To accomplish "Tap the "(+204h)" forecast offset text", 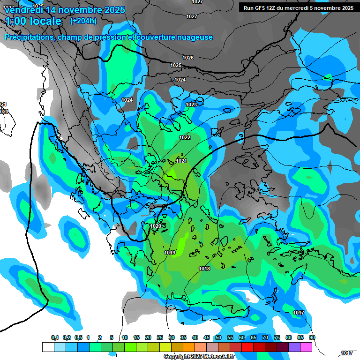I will coord(83,21).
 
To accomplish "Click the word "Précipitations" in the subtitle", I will coord(29,37).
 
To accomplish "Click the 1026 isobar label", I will coord(188,58).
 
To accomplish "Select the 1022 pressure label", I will coord(185,137).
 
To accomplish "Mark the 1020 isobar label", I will coord(156,226).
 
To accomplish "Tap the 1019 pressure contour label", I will coord(170,253).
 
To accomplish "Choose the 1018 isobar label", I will coord(204,269).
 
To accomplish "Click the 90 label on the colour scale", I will coord(312,338).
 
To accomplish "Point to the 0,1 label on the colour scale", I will coord(54,338).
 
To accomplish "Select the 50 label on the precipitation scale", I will coord(218,338).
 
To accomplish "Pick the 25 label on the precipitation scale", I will coord(160,338).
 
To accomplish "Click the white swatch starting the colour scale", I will coord(48,347).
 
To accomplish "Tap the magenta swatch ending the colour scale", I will coord(306,347).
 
